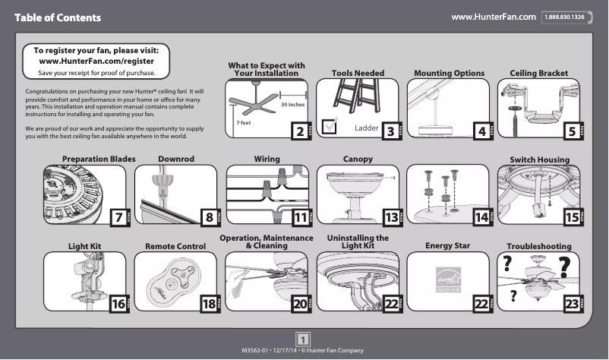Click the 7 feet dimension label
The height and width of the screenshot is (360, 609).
click(244, 122)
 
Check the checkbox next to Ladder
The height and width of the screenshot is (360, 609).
click(330, 126)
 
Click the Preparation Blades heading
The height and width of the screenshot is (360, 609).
click(99, 159)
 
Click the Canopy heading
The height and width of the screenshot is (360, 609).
click(358, 159)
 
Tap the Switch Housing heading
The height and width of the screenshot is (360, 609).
click(539, 159)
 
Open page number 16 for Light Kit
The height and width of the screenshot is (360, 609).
click(118, 305)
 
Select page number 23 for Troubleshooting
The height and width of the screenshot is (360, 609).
click(570, 305)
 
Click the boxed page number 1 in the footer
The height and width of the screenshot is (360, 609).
click(303, 338)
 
